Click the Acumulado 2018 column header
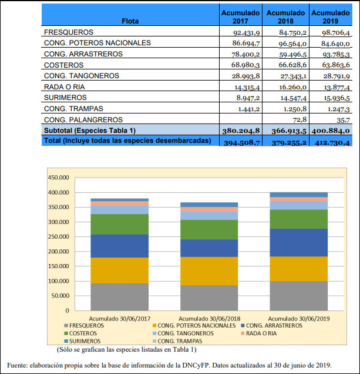pos(285,16)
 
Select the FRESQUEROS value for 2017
pos(246,32)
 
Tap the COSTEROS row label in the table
pos(64,65)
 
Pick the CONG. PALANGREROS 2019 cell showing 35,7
pos(343,120)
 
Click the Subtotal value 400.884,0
pos(331,131)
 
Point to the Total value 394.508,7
pos(241,142)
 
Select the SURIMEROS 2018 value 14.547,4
pos(293,98)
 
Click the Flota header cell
pos(130,21)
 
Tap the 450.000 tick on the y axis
pos(58,178)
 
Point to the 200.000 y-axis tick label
pos(58,252)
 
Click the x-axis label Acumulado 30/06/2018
pos(210,319)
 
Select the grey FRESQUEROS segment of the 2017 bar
pos(120,297)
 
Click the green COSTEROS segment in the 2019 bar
pos(299,219)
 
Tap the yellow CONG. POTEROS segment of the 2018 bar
pos(209,271)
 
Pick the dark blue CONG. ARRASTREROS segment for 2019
pos(299,243)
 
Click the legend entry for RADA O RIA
pos(259,333)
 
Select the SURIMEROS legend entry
pos(82,341)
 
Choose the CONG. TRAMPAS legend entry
pos(177,341)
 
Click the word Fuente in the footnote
pos(17,365)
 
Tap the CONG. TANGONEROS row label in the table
pos(82,76)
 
